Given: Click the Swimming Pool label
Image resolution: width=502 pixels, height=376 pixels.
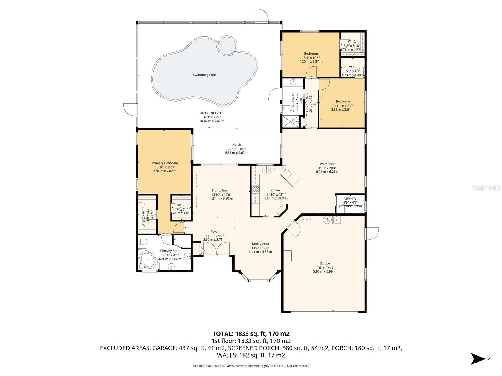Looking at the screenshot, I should pyautogui.click(x=204, y=75).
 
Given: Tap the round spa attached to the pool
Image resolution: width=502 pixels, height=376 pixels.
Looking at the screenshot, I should pyautogui.click(x=227, y=45).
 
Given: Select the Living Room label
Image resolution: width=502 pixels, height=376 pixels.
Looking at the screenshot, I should pyautogui.click(x=327, y=164).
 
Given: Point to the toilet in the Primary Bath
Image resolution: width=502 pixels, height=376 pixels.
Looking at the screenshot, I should pyautogui.click(x=143, y=242).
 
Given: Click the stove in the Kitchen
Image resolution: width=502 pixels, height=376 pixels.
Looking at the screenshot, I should pyautogui.click(x=255, y=189).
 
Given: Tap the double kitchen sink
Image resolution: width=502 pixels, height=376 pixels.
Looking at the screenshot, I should pyautogui.click(x=266, y=170).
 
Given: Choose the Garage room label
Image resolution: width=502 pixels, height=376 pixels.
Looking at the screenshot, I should pyautogui.click(x=325, y=264).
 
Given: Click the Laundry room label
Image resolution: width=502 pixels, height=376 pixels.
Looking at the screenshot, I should pyautogui.click(x=350, y=198).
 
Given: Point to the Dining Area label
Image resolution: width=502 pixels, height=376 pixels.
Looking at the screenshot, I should pyautogui.click(x=260, y=243).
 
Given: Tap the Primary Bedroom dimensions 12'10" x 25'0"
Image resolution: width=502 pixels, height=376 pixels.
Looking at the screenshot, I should pyautogui.click(x=165, y=167).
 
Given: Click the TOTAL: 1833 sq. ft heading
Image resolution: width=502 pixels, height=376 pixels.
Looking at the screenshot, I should pyautogui.click(x=251, y=334).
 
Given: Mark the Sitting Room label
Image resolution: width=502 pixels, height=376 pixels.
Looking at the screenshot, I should pyautogui.click(x=221, y=191).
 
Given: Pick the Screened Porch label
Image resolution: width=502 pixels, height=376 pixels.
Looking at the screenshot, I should pyautogui.click(x=212, y=113).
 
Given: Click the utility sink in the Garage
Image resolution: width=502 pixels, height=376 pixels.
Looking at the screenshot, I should pyautogui.click(x=337, y=220).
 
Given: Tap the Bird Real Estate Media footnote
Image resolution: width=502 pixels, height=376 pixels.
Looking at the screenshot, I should pyautogui.click(x=251, y=366).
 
